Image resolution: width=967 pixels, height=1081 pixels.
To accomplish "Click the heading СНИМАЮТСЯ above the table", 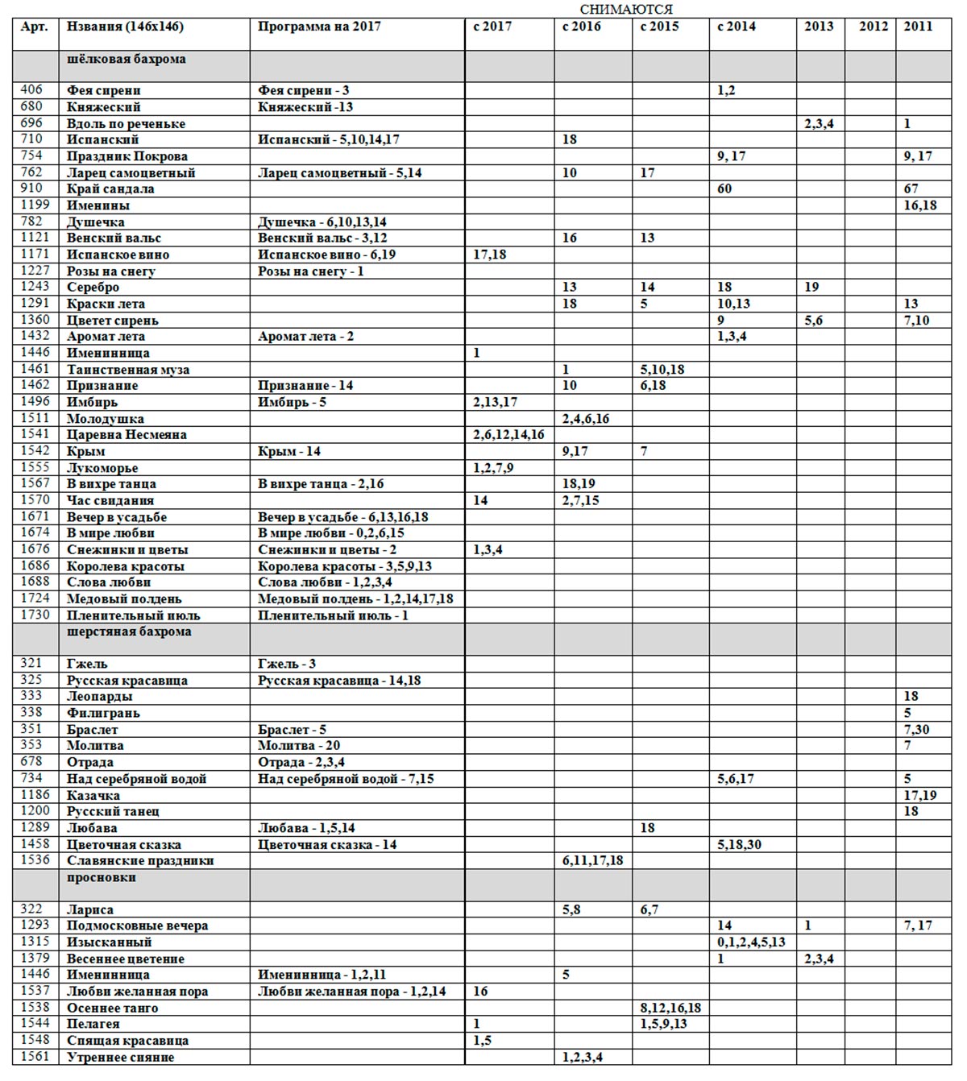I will coord(625,9).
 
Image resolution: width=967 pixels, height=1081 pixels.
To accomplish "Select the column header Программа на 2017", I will coord(319,27).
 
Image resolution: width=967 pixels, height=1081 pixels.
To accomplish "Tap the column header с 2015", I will coord(659,27).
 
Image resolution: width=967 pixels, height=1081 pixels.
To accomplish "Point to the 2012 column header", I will coord(873,27).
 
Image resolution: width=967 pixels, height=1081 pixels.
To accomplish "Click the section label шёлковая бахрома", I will coord(127,60).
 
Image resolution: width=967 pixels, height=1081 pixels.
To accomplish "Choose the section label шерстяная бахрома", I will coord(129,632).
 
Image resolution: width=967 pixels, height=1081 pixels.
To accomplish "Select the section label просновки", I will coord(102,878).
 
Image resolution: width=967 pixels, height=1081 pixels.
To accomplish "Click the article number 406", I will coord(31,90).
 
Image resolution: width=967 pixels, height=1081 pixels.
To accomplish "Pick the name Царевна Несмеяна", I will coord(127,435).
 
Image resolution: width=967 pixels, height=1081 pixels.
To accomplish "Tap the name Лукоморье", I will coord(102,468).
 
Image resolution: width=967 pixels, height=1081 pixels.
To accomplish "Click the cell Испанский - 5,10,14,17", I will coord(329,140).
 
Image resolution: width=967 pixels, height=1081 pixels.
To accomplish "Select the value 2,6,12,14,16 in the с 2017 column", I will coord(508,435).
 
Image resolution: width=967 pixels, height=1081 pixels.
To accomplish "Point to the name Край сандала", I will coord(110,189).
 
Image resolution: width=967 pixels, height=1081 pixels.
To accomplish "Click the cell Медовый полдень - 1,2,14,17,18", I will coord(355,599).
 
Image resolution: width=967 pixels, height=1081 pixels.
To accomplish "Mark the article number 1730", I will coord(35,615).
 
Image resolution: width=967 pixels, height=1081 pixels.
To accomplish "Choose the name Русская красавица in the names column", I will coord(127,681).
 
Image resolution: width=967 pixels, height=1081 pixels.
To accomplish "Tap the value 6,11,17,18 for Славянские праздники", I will coord(592,861).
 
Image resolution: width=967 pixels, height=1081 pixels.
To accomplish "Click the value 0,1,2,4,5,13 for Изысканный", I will coord(751,942).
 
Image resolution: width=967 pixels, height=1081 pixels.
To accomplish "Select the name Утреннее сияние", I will coord(120,1058).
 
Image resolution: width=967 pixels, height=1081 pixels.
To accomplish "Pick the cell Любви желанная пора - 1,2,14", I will coord(352,992).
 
